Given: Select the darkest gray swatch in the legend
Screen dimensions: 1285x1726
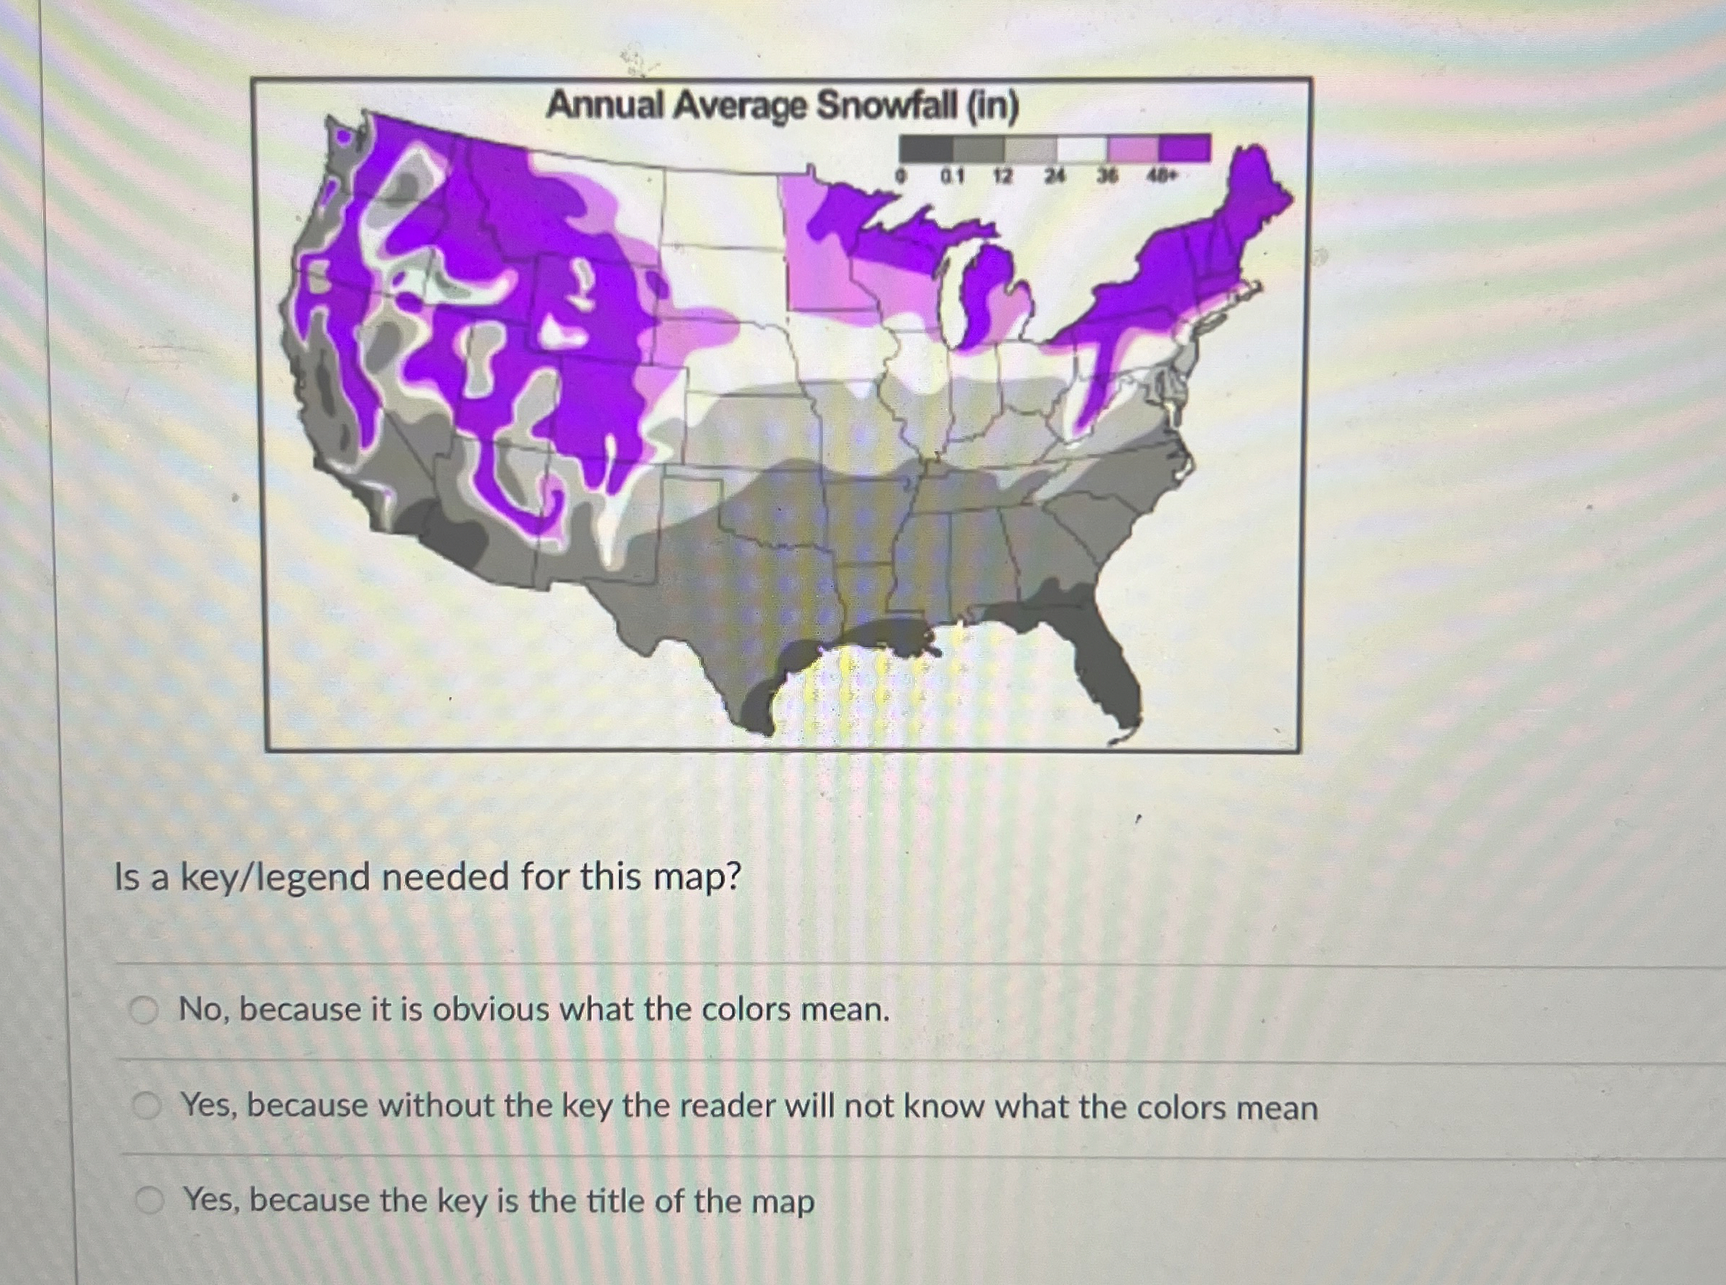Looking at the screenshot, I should pyautogui.click(x=925, y=148).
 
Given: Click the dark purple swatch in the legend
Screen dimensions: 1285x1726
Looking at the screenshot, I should pyautogui.click(x=1185, y=148).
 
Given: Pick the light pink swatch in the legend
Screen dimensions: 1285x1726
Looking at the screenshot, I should pyautogui.click(x=1133, y=148).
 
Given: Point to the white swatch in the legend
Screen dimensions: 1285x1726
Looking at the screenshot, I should pyautogui.click(x=1081, y=148).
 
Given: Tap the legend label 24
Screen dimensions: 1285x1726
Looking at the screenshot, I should pyautogui.click(x=1053, y=177).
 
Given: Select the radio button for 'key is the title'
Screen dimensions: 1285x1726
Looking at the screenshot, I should pyautogui.click(x=149, y=1201).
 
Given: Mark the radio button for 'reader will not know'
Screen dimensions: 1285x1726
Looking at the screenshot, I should pyautogui.click(x=146, y=1106).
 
